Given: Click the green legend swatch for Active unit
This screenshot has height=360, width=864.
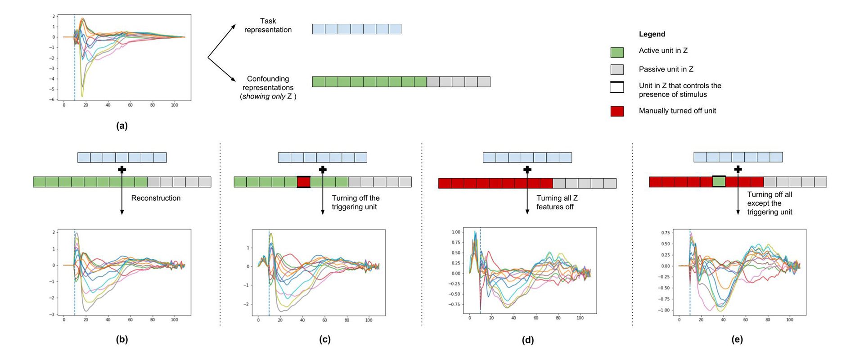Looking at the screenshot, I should tap(617, 52).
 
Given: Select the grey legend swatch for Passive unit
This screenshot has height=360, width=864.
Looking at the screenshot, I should tap(617, 69).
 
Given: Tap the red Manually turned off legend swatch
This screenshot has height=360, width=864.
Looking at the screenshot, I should tap(617, 111).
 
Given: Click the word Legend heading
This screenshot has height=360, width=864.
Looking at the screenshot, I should tap(652, 34).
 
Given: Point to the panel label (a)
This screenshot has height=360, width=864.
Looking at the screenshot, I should tap(122, 126).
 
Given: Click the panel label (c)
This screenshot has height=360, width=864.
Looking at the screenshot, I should tap(325, 340).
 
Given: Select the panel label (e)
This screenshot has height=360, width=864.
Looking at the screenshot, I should tap(737, 340).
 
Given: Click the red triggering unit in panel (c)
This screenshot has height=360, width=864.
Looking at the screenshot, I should tap(304, 182).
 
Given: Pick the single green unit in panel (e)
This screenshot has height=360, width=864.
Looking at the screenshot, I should tap(719, 182).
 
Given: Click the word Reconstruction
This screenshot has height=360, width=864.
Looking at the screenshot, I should tap(156, 198).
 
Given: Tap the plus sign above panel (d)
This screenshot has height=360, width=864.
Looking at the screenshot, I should tap(527, 170).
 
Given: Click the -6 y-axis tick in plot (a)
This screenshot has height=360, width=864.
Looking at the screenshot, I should tap(53, 99).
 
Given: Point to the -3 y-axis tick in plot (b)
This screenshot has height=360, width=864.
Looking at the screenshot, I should tap(53, 314).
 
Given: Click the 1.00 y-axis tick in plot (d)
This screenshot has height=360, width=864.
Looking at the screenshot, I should tap(456, 232).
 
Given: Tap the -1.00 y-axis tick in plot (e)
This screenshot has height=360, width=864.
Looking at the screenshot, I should tap(665, 310).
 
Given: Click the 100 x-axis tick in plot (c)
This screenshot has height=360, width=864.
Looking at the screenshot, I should tap(369, 320).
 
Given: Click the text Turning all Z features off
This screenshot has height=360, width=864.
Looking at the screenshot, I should tap(557, 202).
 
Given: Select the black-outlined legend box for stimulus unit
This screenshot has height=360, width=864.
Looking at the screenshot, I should tap(617, 87).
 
